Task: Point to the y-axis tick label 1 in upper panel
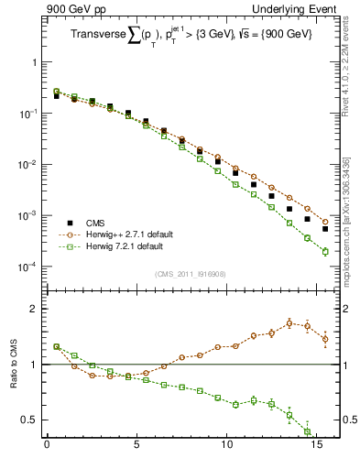coord(35,63)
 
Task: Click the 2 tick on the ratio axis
coord(35,309)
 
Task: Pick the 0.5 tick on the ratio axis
coord(31,420)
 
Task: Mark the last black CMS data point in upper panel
coord(325,229)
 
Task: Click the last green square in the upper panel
coord(325,251)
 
